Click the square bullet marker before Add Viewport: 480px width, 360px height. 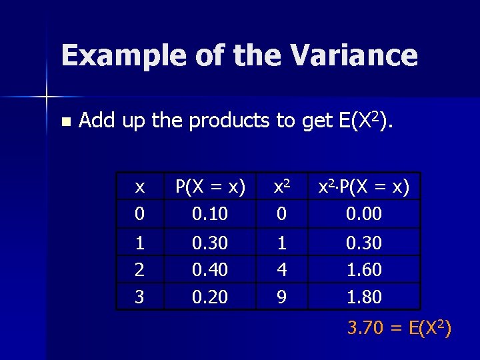click(65, 122)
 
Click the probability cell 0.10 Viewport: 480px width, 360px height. click(210, 214)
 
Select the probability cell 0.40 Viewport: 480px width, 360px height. click(210, 269)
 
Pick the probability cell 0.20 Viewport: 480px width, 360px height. click(210, 297)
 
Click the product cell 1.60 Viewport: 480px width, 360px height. click(364, 269)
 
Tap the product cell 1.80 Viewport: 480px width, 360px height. click(364, 297)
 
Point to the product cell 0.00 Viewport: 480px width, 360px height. click(364, 214)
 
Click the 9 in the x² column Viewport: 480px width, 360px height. click(282, 297)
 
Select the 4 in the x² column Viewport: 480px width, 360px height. click(282, 269)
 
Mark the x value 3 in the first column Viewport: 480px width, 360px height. click(139, 297)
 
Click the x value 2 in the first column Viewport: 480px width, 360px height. click(139, 269)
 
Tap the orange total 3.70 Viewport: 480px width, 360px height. click(365, 328)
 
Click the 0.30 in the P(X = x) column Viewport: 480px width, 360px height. click(210, 243)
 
